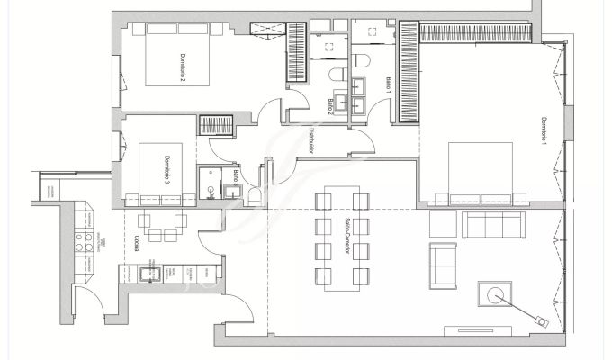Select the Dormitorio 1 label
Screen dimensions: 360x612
coord(544,131)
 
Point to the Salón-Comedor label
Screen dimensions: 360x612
coord(346,236)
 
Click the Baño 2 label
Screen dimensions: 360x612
coord(331,106)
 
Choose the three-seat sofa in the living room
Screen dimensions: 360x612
coord(493,222)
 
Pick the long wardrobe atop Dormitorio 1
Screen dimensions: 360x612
coord(479,32)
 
